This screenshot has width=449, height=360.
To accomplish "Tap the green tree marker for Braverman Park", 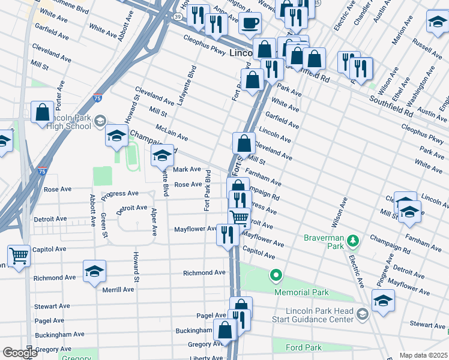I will [x=355, y=241].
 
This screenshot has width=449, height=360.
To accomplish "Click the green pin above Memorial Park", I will [x=276, y=276].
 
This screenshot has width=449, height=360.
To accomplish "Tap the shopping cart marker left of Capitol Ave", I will [x=19, y=256].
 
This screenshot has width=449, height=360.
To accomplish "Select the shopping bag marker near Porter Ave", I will [x=42, y=112].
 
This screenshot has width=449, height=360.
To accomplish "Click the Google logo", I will [x=20, y=353].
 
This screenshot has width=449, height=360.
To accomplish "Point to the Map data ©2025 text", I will [x=423, y=355].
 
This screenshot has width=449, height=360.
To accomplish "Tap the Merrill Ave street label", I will [x=118, y=289].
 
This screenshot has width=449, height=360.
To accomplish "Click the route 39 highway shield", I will [x=178, y=17].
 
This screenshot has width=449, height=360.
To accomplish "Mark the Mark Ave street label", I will [x=187, y=169].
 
